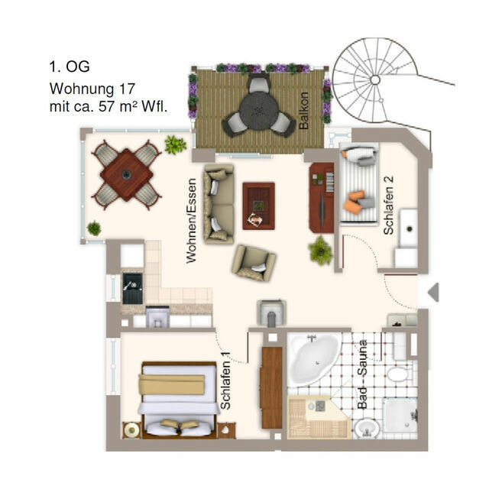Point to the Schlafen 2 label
coord(389,205)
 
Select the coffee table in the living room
coord(259,204)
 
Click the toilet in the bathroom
coord(397,374)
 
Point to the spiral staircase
coord(374,79)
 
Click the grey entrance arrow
coord(432,291)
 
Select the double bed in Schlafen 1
coord(178,400)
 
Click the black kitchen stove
coord(132,289)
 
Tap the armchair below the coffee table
coord(254,261)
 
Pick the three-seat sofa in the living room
coord(219,203)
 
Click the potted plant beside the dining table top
coord(175,144)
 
